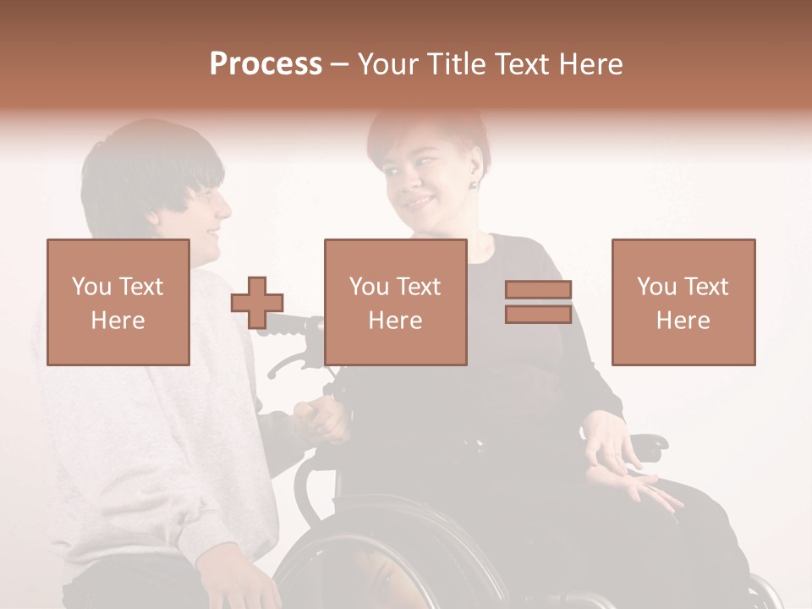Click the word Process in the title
tap(266, 64)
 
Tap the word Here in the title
tap(589, 64)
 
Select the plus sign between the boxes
tap(257, 303)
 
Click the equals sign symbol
tap(538, 302)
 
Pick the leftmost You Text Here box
tap(118, 303)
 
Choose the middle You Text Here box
tap(396, 303)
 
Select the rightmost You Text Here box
tap(683, 303)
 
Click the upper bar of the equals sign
tap(538, 290)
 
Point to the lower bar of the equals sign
tap(538, 314)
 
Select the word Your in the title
tap(386, 64)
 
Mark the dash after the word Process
tap(339, 65)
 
